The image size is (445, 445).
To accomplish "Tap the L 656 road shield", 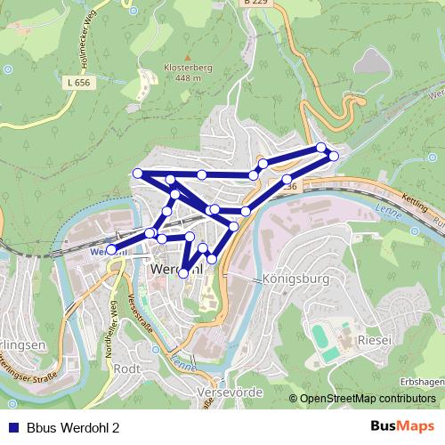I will coord(78,82).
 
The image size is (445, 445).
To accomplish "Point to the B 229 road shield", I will coord(256,4).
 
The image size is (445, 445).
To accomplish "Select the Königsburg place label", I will coord(296,279).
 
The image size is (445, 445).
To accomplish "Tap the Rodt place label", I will coord(128,368).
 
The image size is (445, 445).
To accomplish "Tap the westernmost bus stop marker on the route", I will coord(111,250).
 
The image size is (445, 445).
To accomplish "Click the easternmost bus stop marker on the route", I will coord(334,156).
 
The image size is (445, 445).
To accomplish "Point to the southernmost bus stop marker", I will coord(183,273).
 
